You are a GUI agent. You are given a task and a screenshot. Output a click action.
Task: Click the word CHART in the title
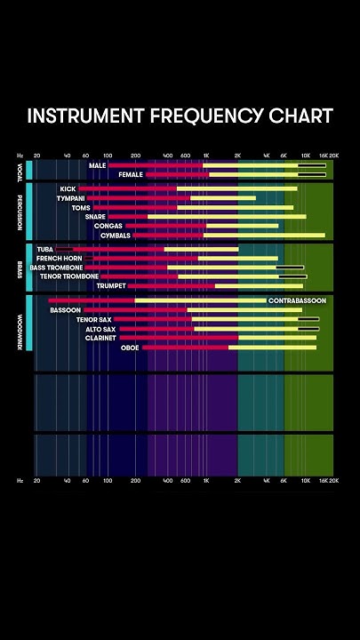(x=302, y=116)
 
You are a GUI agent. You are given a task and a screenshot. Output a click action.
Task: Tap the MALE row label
(x=97, y=165)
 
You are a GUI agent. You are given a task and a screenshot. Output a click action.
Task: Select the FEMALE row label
(x=130, y=175)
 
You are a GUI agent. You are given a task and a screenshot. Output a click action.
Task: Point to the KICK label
(x=68, y=188)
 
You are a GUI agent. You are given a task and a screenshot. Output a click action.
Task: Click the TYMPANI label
(x=70, y=198)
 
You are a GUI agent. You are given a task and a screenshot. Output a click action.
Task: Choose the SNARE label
(x=95, y=217)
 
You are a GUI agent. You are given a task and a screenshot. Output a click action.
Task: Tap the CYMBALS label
(x=115, y=236)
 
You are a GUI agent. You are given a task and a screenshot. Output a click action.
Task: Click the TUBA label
(x=45, y=249)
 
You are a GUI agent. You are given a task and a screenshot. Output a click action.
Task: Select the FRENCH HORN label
(x=59, y=258)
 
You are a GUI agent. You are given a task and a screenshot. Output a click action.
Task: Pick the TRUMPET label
(x=111, y=286)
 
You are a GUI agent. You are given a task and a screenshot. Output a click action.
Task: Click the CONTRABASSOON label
(x=297, y=300)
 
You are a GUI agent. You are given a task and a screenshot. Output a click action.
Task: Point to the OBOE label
(x=130, y=348)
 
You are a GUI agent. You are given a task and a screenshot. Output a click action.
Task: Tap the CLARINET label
(x=100, y=338)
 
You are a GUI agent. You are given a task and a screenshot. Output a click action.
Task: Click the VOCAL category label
(x=20, y=168)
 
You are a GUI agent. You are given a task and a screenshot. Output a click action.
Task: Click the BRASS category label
(x=20, y=268)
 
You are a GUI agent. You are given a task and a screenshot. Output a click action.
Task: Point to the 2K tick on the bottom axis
(x=237, y=480)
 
